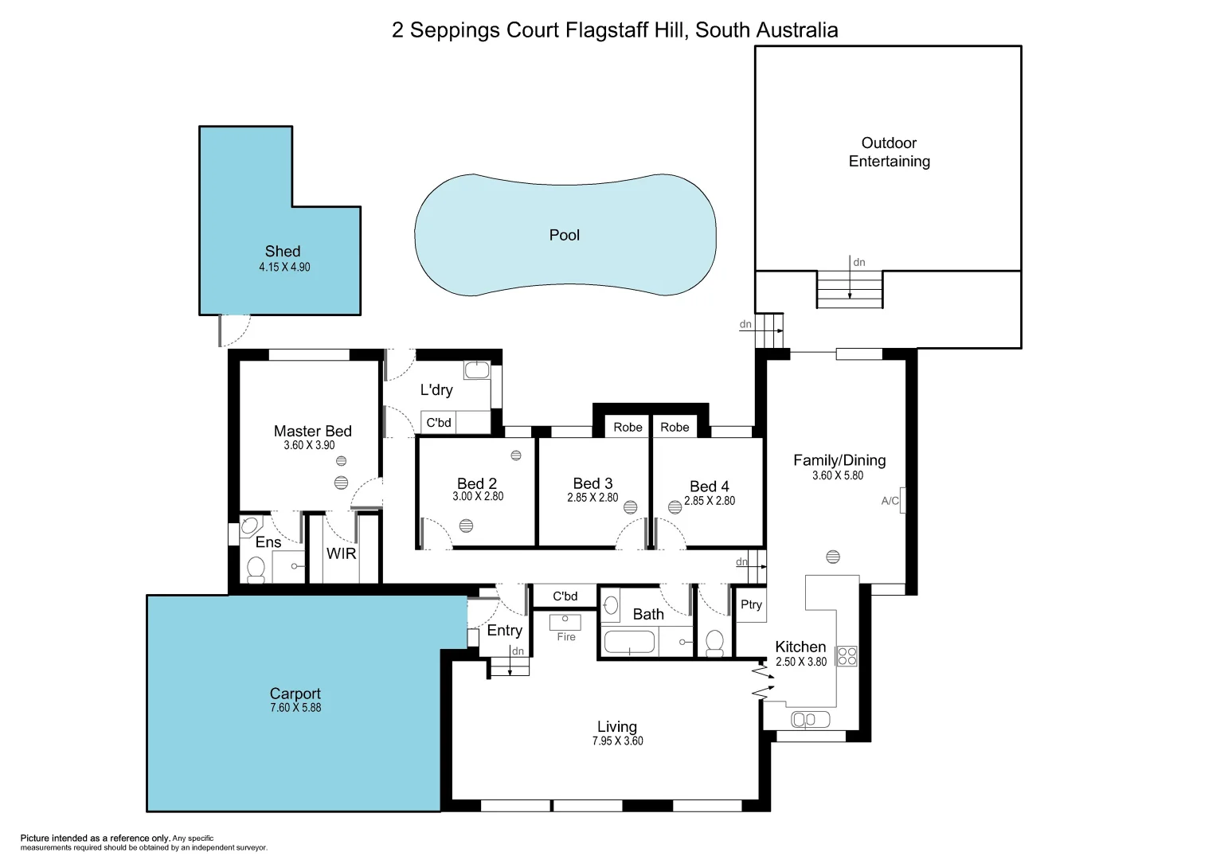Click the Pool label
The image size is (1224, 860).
click(564, 235)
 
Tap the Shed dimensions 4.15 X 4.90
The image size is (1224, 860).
click(284, 268)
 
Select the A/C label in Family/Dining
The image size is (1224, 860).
click(890, 501)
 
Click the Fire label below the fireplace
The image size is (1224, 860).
click(565, 637)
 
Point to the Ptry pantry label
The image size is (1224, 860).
click(751, 604)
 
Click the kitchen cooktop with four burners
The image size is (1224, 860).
click(847, 656)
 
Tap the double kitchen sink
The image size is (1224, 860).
click(810, 720)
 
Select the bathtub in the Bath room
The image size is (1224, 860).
click(629, 642)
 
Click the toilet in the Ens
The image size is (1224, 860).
click(256, 569)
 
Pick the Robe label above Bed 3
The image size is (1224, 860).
click(628, 428)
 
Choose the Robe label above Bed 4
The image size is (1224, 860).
click(675, 428)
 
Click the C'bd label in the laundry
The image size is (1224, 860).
click(439, 423)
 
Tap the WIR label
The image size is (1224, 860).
click(341, 553)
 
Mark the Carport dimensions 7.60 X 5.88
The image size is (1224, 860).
click(295, 708)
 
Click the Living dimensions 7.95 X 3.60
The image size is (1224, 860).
click(617, 741)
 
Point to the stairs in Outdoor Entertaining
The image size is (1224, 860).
click(850, 289)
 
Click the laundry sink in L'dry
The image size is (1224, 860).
click(477, 370)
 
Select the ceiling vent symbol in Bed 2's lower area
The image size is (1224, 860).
click(467, 526)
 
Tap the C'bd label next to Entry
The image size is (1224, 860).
click(565, 596)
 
